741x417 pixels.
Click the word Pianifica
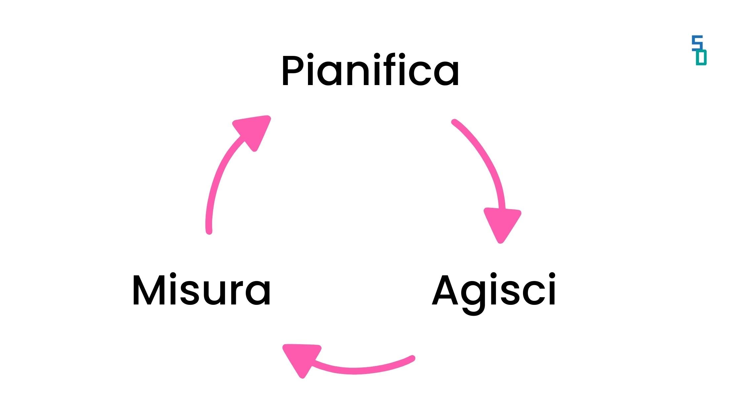370,71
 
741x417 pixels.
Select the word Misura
201,291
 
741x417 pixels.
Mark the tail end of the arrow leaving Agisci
412,359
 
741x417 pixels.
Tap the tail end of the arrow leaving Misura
209,231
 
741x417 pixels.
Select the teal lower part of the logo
701,58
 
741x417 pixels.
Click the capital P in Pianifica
292,71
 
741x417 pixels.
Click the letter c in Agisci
534,295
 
